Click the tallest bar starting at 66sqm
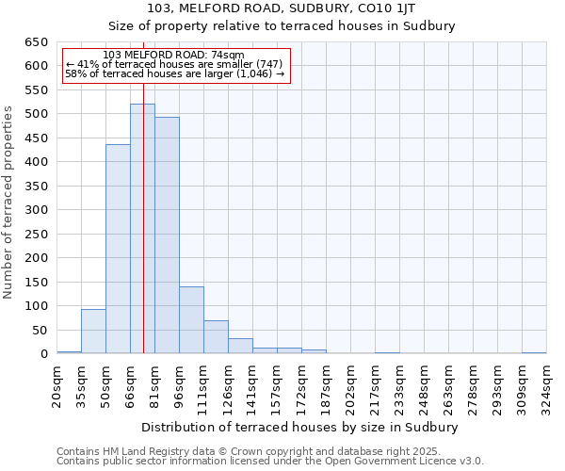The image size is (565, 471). click(142, 229)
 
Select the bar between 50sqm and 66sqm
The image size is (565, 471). click(118, 249)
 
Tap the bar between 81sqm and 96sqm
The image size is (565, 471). click(167, 235)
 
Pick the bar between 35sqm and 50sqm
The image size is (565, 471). click(93, 331)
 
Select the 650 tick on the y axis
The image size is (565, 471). click(37, 42)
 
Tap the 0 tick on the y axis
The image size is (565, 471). click(43, 354)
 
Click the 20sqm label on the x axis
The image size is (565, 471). click(56, 382)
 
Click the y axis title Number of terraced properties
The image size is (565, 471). click(9, 202)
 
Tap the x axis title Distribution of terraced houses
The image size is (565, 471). click(299, 427)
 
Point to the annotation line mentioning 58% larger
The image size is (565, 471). click(174, 73)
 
